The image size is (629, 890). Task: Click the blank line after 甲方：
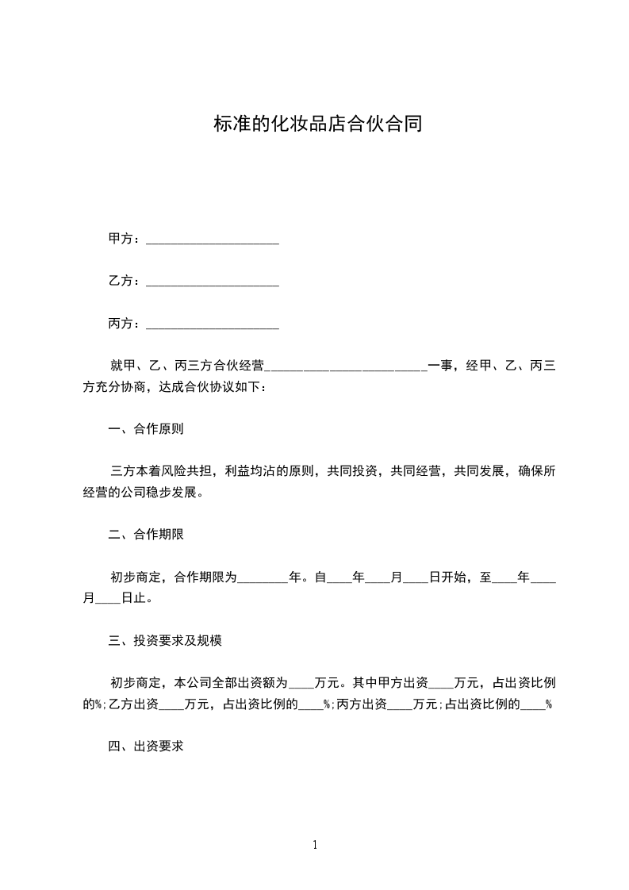click(x=213, y=240)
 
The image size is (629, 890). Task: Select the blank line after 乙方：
click(x=213, y=283)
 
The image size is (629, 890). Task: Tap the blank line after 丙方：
click(x=213, y=325)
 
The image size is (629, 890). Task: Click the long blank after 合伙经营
click(x=346, y=368)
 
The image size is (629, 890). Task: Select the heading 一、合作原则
click(x=146, y=430)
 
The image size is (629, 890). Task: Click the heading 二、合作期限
click(x=146, y=535)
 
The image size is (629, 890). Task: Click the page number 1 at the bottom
click(x=315, y=846)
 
